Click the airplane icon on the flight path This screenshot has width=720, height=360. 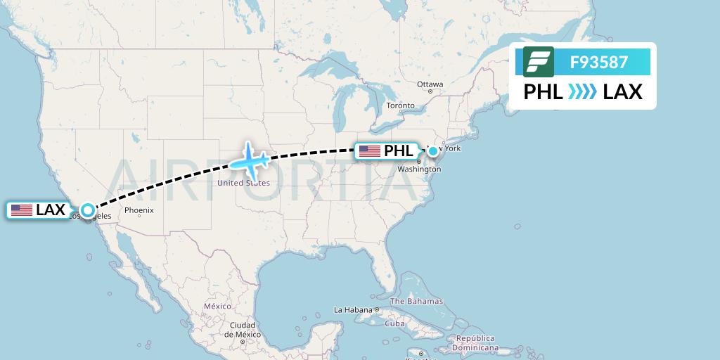250,160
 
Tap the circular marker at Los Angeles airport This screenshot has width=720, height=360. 87,210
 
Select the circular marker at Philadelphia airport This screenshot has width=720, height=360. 433,150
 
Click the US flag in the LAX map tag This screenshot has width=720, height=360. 22,210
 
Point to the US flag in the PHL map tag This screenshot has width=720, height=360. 369,151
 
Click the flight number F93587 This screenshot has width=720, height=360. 599,62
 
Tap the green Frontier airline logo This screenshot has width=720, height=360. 539,62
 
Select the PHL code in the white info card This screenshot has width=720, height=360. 544,91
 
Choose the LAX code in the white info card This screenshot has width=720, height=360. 622,91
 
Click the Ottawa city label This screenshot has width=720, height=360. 430,84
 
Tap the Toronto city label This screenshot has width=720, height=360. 401,106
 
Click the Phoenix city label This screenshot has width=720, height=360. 139,210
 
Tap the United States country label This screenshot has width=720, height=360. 243,183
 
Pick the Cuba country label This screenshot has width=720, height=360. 394,323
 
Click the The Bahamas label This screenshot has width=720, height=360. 416,301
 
